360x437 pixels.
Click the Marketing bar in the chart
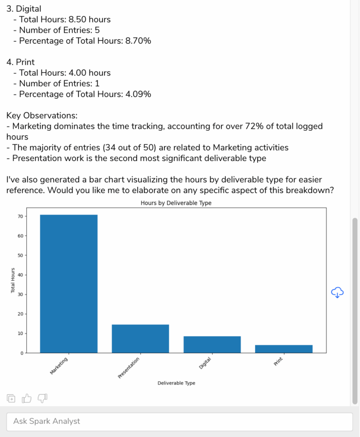pos(68,283)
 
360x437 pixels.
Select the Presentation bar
pos(140,339)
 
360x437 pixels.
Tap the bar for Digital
pos(212,344)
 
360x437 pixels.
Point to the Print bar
pos(284,348)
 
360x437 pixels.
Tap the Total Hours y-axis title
pos(13,281)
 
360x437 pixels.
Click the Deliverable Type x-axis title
pos(176,383)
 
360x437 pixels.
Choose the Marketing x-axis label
pos(59,366)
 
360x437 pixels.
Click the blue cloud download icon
pos(337,293)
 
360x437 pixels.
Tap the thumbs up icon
pos(27,399)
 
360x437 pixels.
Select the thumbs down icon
pos(42,399)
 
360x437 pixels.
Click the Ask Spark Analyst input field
pos(179,421)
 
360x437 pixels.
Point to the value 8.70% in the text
pos(137,41)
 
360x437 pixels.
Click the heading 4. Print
pos(21,62)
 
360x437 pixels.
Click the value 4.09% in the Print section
pos(137,94)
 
